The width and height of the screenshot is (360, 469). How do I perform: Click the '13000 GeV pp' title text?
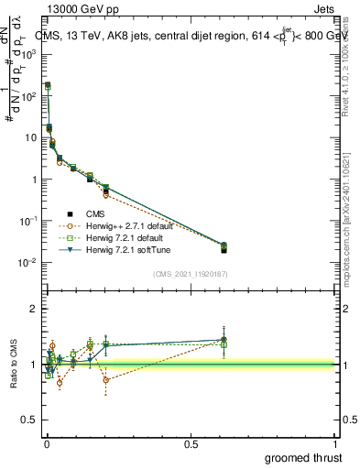(x=81, y=7)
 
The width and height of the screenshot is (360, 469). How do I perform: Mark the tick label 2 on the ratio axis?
(x=33, y=309)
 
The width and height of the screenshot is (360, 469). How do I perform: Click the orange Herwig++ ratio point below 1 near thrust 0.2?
(x=106, y=379)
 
